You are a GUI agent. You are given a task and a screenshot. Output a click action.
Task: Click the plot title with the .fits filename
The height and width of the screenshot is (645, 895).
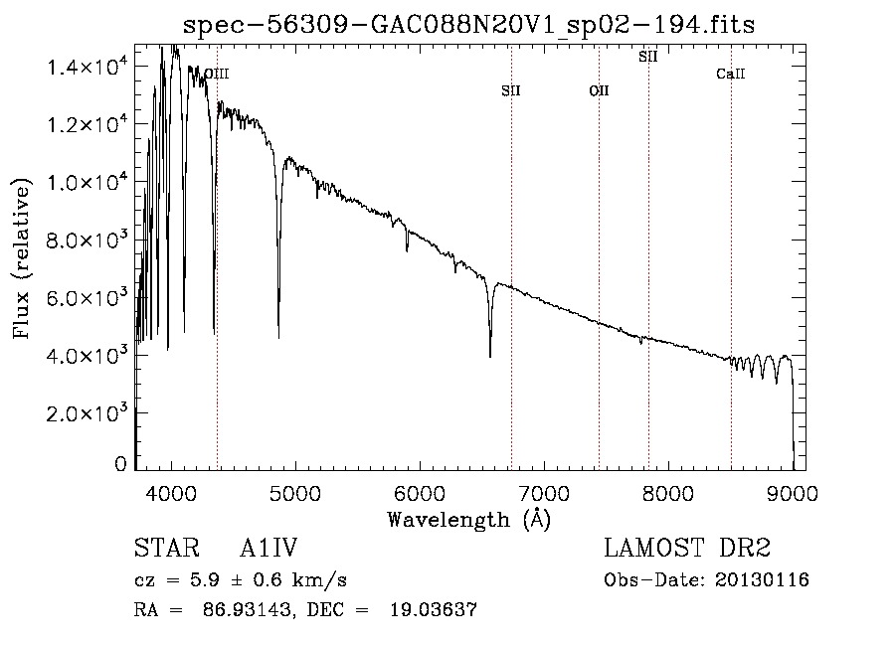pyautogui.click(x=469, y=24)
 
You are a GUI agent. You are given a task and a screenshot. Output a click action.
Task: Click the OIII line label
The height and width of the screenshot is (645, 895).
pyautogui.click(x=217, y=74)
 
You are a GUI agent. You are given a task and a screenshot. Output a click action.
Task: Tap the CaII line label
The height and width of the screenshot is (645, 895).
pyautogui.click(x=731, y=75)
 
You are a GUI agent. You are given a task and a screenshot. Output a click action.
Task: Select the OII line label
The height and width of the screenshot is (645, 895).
pyautogui.click(x=599, y=91)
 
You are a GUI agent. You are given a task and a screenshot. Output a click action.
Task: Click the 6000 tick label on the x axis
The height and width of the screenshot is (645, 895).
pyautogui.click(x=420, y=492)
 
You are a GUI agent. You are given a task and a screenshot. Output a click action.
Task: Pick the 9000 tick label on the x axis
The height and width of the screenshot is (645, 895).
pyautogui.click(x=793, y=492)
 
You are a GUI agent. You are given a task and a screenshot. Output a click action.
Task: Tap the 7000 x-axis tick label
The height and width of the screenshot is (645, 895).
pyautogui.click(x=544, y=492)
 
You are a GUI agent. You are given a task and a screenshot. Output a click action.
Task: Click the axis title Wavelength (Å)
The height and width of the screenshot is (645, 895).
pyautogui.click(x=468, y=519)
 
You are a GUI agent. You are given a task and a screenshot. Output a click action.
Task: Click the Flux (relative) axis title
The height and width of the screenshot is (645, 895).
pyautogui.click(x=22, y=256)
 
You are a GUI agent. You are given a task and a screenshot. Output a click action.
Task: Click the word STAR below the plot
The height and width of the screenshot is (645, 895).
pyautogui.click(x=160, y=550)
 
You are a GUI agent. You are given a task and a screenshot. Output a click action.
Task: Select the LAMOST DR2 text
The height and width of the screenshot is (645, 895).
pyautogui.click(x=687, y=550)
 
